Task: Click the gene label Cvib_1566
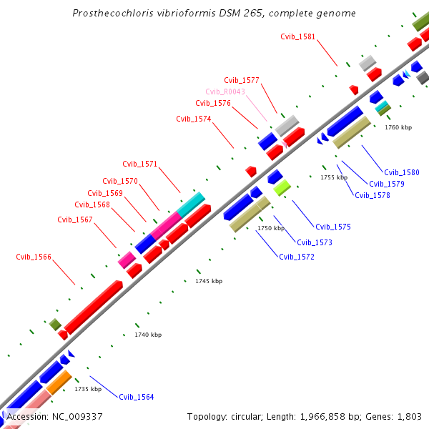tap(34, 257)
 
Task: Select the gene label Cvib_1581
tap(297, 36)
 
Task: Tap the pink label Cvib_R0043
tap(225, 92)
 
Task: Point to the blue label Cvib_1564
tap(136, 397)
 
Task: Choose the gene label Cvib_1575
tap(333, 227)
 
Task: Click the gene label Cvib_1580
tap(402, 172)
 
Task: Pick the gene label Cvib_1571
tap(140, 164)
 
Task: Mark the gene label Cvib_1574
tap(194, 119)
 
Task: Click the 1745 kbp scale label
tap(209, 281)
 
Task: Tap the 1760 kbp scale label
tap(398, 127)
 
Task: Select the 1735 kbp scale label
tap(88, 389)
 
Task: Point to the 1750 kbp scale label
tap(271, 228)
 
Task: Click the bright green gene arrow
tap(282, 187)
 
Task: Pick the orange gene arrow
tap(58, 382)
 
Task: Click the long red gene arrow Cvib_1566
tap(93, 306)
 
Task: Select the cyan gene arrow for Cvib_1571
tap(190, 204)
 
